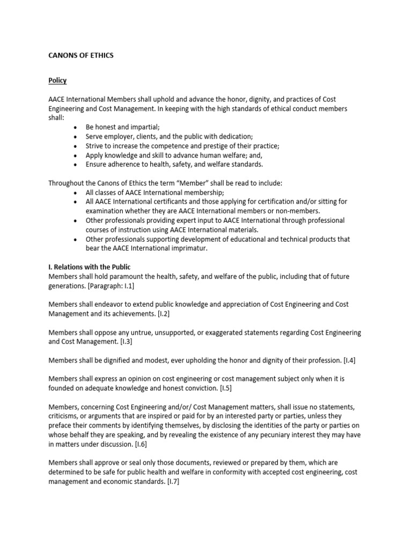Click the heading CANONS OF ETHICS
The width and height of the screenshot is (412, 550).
pyautogui.click(x=81, y=55)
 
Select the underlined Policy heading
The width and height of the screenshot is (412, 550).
pyautogui.click(x=57, y=81)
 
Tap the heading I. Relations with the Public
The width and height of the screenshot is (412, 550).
pyautogui.click(x=90, y=267)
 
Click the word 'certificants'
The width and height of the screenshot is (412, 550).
pyautogui.click(x=160, y=201)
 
